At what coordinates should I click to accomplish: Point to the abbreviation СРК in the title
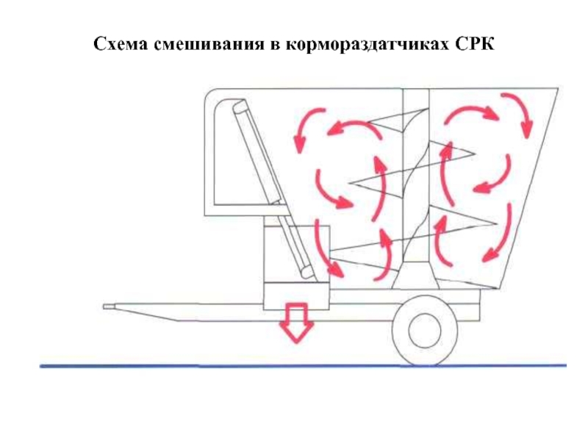pos(476,45)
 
